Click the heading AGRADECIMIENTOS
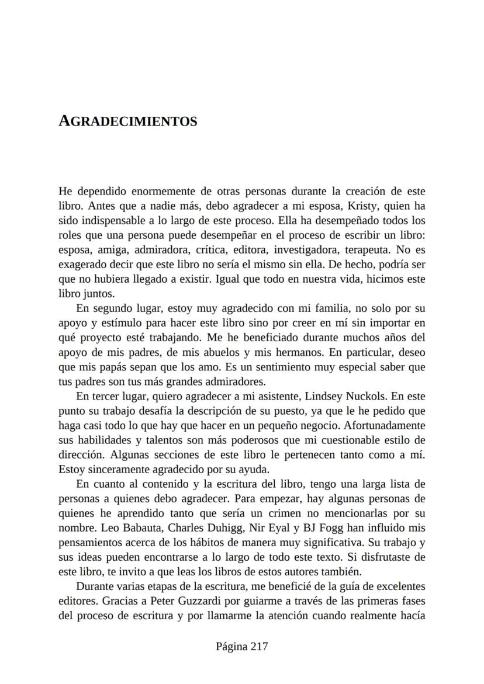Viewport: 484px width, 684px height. pyautogui.click(x=128, y=121)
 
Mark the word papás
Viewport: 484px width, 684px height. pyautogui.click(x=110, y=367)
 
